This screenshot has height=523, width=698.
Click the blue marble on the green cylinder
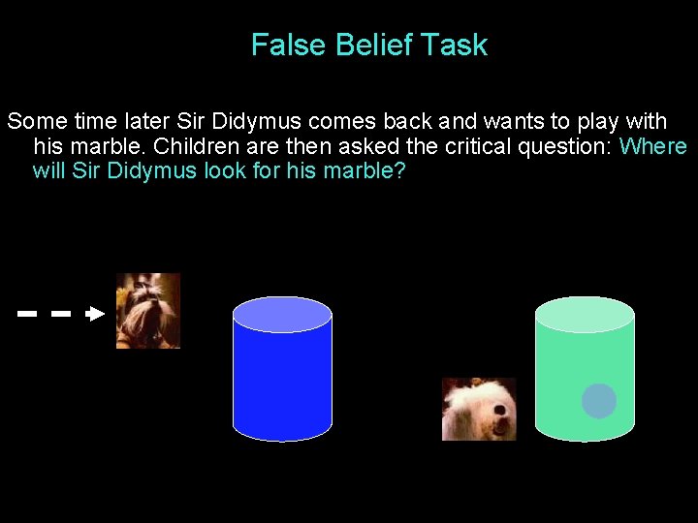[599, 401]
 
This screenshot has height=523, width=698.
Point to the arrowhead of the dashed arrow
[95, 314]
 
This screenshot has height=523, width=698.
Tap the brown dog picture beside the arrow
[148, 311]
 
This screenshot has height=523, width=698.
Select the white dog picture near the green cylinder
[479, 410]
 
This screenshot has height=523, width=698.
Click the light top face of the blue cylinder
[282, 315]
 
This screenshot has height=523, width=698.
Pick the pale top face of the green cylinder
[585, 315]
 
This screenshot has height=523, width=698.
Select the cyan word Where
[652, 147]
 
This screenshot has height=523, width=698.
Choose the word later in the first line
[147, 122]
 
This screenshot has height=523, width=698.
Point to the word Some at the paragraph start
[35, 122]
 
